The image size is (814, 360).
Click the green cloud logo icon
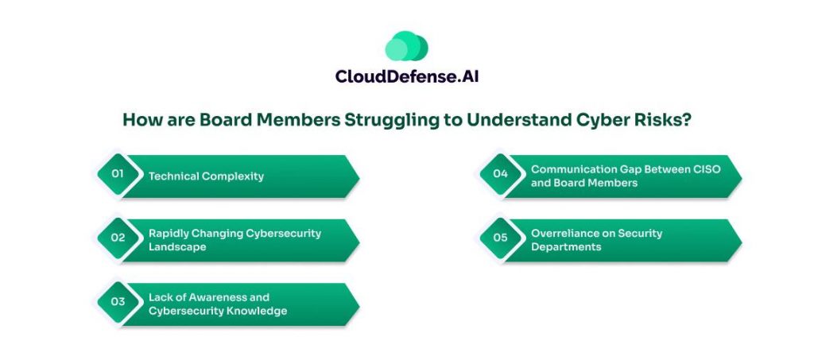pos(406,47)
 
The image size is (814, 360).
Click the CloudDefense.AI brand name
pos(406,77)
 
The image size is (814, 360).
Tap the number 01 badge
pos(118,176)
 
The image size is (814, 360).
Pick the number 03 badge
pos(118,303)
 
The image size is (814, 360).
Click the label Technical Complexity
pos(206,176)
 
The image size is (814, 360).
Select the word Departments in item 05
pos(566,247)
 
